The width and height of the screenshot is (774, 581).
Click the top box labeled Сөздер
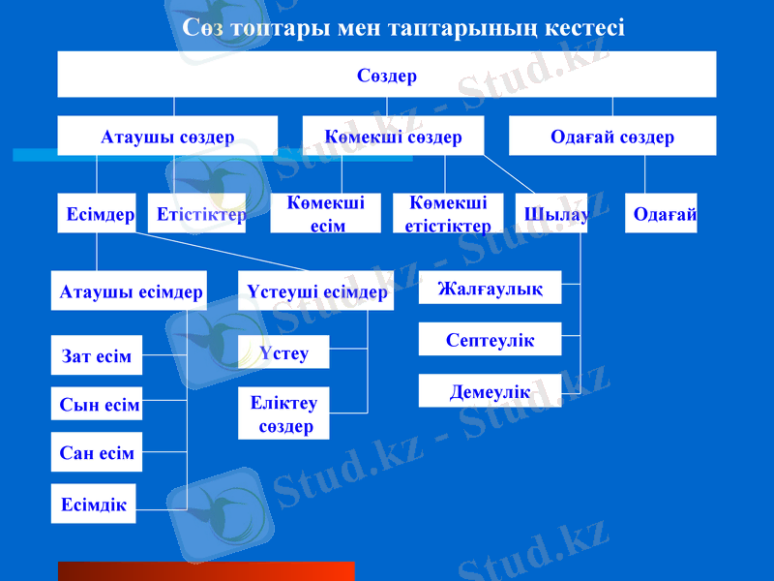(387, 75)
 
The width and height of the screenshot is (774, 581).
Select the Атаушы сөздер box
(167, 137)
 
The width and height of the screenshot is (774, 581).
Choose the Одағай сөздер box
(612, 137)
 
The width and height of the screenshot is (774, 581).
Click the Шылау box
(554, 214)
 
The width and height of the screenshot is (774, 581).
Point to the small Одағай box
(662, 214)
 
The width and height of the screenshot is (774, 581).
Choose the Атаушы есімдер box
(131, 290)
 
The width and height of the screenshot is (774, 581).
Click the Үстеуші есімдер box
(316, 290)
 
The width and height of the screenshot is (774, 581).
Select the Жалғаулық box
(490, 288)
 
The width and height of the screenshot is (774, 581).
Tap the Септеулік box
(490, 339)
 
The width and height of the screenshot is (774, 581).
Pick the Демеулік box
(490, 390)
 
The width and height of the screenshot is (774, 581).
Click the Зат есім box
(97, 355)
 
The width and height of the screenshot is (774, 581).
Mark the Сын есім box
(97, 404)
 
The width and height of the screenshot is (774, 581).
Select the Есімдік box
(93, 504)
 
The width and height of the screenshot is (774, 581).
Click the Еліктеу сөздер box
(283, 413)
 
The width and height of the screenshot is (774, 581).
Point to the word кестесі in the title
(577, 27)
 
